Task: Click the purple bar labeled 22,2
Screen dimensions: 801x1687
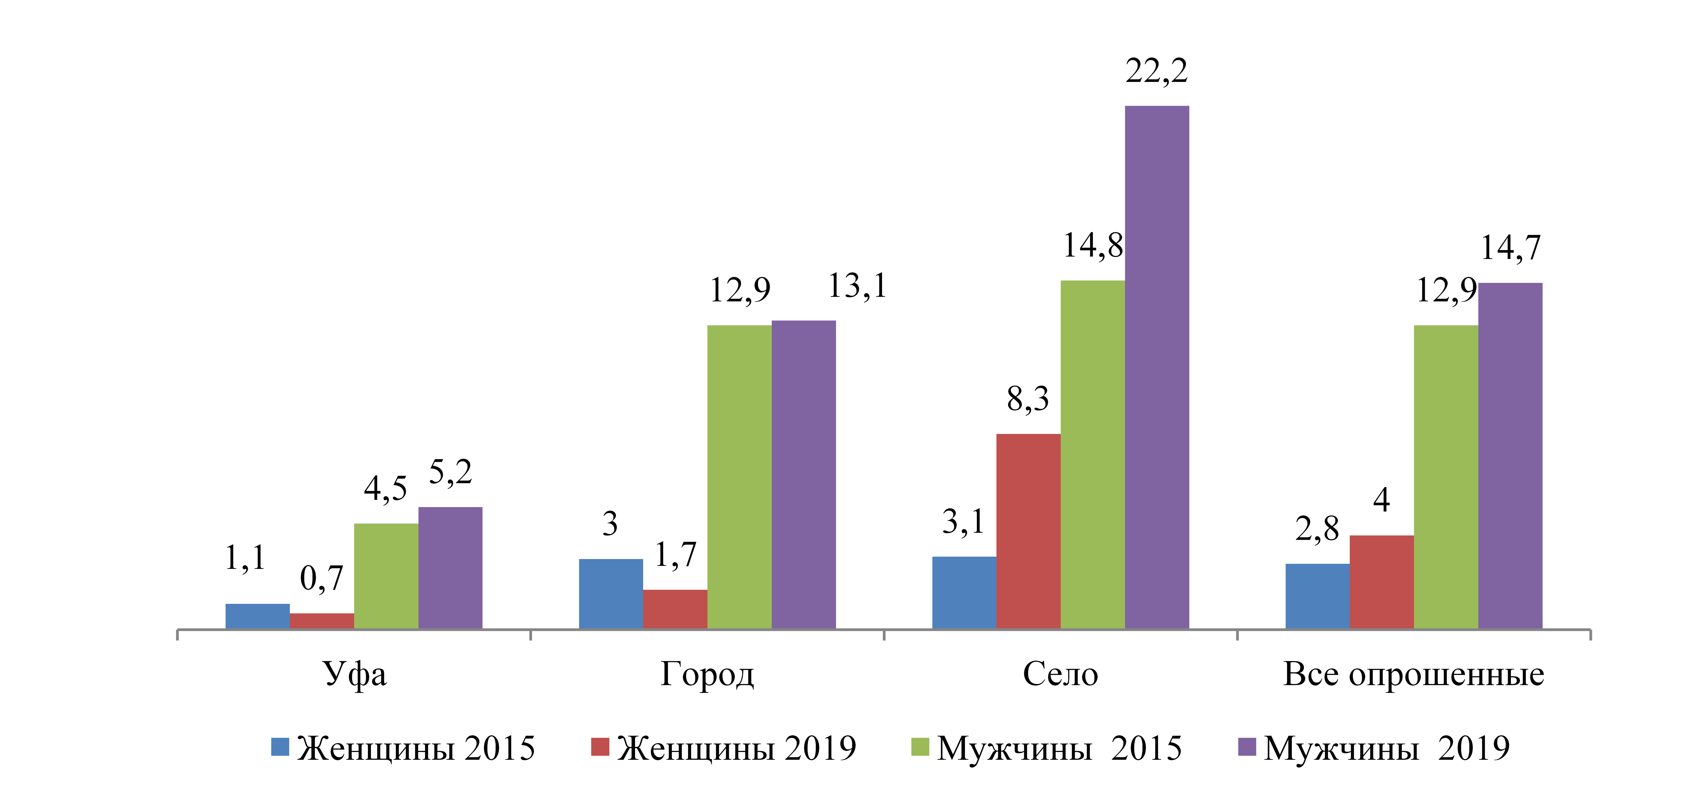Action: [x=1157, y=367]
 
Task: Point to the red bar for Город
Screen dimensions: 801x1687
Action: [x=675, y=609]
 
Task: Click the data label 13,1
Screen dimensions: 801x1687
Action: [x=857, y=285]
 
